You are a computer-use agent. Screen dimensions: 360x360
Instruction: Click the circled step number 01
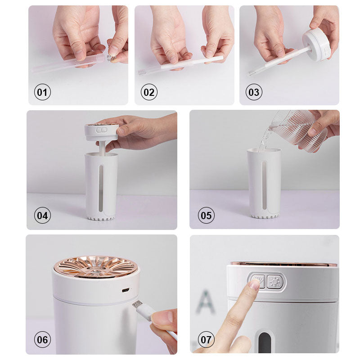click(42, 92)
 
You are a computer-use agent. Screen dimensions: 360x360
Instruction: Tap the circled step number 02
click(149, 92)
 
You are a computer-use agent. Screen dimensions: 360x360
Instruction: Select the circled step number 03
click(254, 92)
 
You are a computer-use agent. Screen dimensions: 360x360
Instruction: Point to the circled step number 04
click(42, 216)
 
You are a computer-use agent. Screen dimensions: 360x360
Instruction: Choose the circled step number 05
click(206, 216)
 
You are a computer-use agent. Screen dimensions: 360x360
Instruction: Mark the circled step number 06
click(42, 340)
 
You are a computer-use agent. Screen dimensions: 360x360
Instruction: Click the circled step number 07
click(206, 340)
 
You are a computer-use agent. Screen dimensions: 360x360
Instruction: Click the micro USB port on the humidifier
click(126, 290)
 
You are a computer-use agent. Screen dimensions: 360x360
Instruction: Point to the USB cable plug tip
click(137, 305)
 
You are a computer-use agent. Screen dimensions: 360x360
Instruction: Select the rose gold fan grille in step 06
click(96, 267)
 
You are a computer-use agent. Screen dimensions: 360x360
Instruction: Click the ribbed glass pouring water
click(298, 131)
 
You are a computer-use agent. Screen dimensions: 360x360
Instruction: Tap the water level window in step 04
click(101, 188)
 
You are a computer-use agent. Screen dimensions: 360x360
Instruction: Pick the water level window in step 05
click(264, 185)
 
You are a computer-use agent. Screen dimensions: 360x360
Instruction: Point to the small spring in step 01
click(111, 58)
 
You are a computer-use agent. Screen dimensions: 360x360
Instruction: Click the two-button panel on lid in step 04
click(102, 130)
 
